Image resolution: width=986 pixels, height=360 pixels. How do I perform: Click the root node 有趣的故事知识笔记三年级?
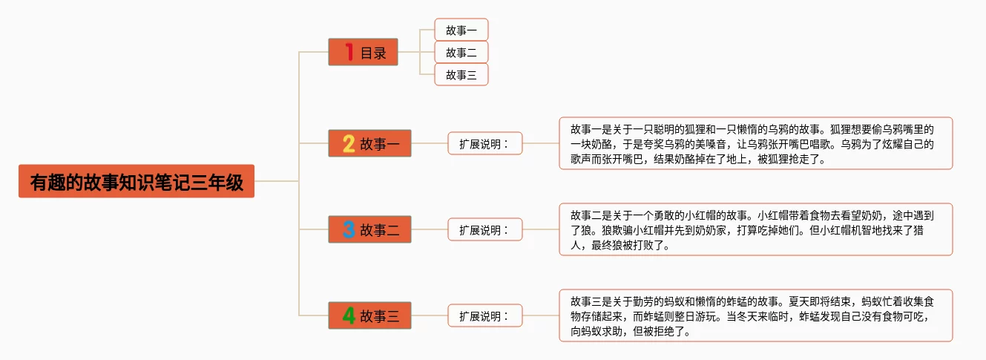click(137, 181)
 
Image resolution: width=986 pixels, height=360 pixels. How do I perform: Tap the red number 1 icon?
click(349, 53)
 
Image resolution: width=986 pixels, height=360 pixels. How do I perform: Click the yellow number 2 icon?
click(349, 143)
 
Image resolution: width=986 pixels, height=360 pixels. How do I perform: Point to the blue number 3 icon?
click(349, 229)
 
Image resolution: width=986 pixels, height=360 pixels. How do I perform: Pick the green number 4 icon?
click(349, 316)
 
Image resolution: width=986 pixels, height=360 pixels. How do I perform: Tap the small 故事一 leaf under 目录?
click(461, 30)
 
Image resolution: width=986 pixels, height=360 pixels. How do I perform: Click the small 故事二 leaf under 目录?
click(461, 52)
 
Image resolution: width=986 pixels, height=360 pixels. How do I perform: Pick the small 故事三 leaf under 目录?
click(461, 74)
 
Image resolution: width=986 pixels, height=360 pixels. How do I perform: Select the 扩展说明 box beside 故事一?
click(484, 143)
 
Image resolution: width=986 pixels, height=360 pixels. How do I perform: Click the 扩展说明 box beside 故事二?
click(484, 229)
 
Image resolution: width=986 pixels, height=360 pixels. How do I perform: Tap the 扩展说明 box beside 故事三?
click(484, 316)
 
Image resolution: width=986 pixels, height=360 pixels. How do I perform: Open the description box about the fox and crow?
click(755, 143)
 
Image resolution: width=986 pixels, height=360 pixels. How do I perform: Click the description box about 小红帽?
click(755, 229)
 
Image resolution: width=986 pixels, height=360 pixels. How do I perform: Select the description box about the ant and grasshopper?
click(755, 316)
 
